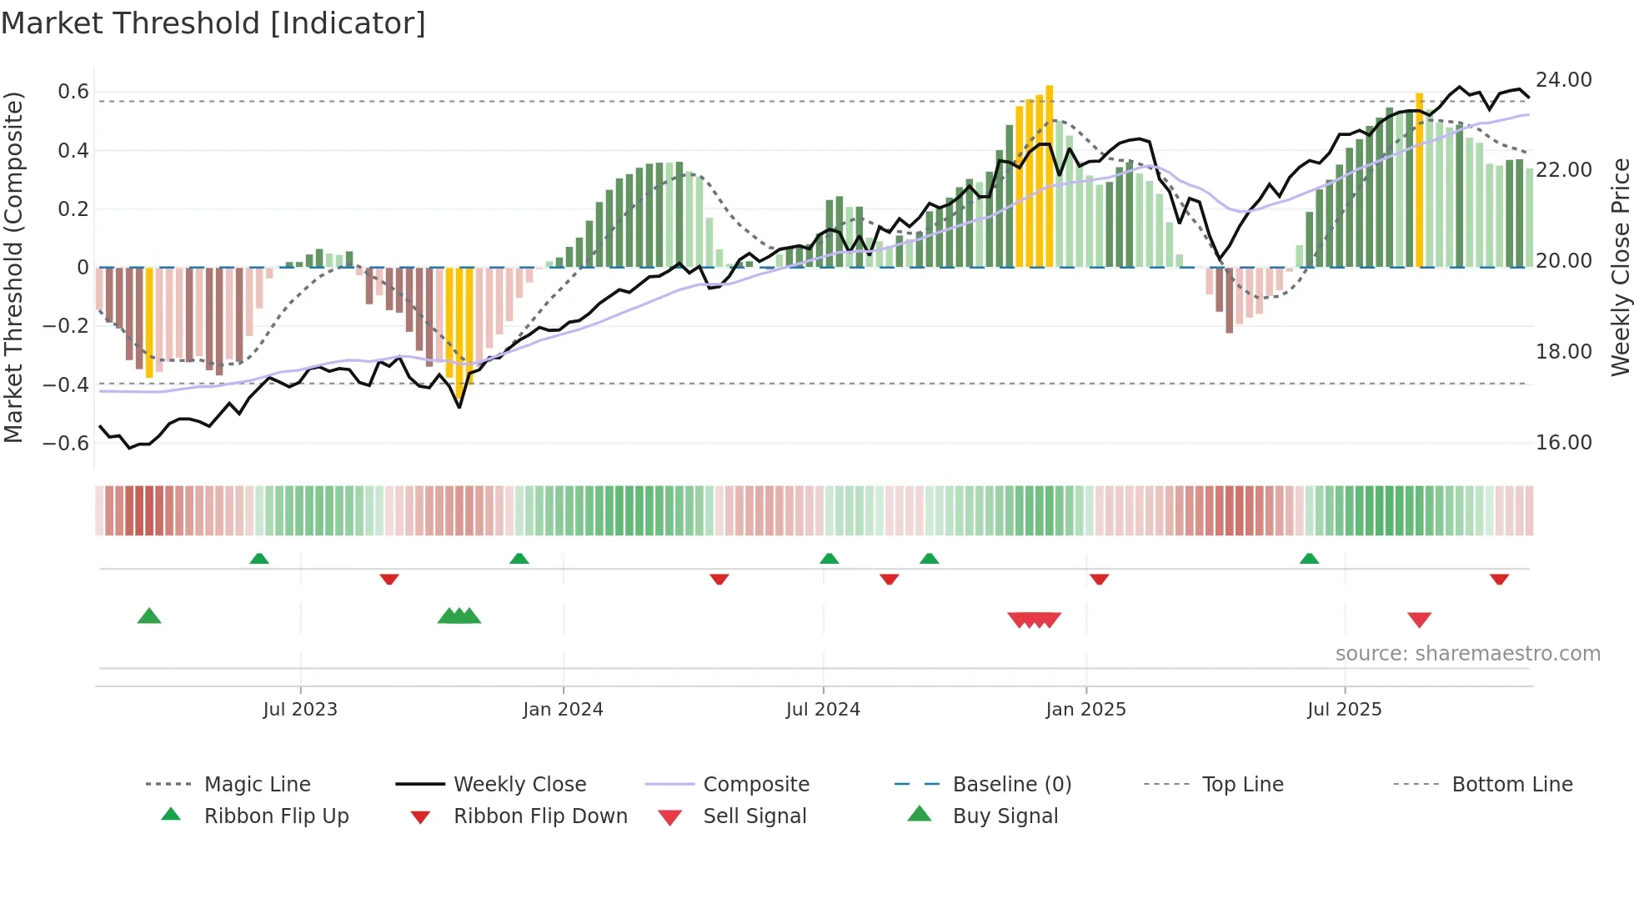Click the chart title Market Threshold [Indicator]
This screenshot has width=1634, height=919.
click(213, 23)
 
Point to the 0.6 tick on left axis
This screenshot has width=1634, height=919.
click(73, 92)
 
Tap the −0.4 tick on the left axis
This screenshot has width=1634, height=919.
click(66, 384)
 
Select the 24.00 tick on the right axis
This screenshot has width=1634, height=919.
click(1563, 80)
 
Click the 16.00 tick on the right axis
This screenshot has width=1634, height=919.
click(1563, 443)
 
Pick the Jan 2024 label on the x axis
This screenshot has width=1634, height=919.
click(563, 710)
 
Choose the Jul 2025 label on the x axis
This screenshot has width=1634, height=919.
click(1344, 710)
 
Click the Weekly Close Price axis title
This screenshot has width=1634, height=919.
click(1620, 267)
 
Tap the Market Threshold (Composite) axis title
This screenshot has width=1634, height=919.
click(13, 267)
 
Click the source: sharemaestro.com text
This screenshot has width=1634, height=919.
click(1467, 654)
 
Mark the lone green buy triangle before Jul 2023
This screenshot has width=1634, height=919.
click(149, 616)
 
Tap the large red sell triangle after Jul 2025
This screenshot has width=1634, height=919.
click(1419, 620)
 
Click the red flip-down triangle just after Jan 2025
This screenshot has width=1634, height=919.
click(1099, 579)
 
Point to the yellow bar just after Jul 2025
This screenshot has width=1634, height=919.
click(1419, 179)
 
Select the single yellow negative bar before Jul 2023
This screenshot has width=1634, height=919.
click(149, 322)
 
